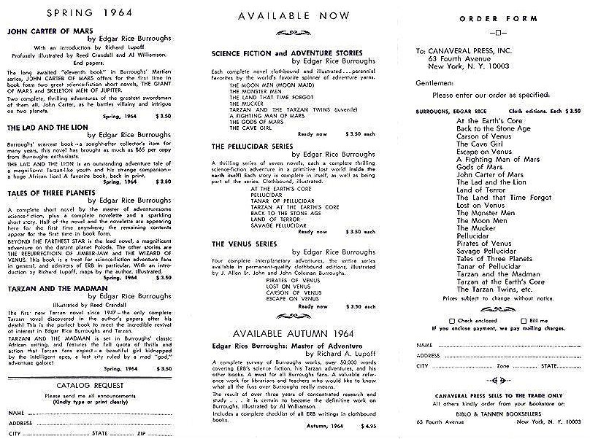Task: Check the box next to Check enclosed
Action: coord(453,300)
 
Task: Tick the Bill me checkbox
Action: coord(524,300)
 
